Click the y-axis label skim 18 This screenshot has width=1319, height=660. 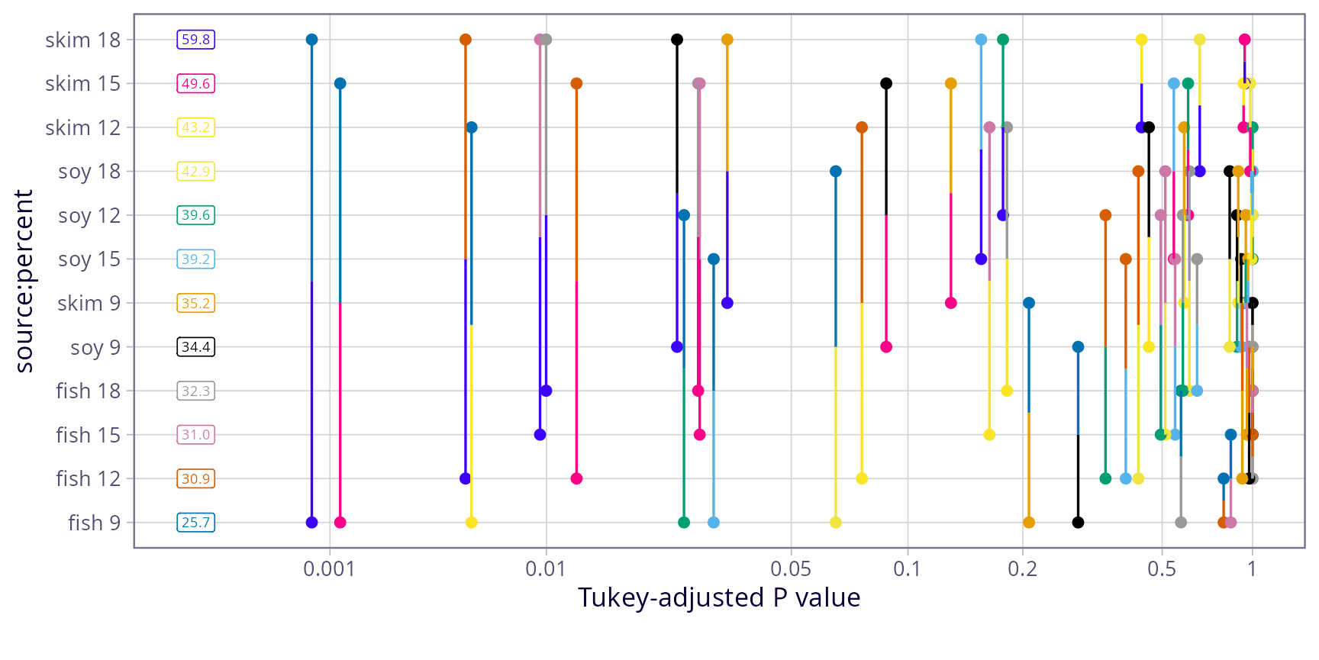pos(82,40)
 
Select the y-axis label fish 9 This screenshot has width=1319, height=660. pos(94,523)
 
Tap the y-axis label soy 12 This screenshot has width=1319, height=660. pos(89,216)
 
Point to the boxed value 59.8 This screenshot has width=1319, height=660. pos(196,40)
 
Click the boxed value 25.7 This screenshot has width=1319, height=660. pos(196,523)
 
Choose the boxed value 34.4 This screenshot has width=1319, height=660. pos(196,347)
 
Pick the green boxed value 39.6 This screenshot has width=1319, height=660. pos(196,215)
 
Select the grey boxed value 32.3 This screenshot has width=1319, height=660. pos(196,391)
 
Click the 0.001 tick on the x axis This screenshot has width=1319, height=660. pos(329,569)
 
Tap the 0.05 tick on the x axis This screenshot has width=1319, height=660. pos(791,569)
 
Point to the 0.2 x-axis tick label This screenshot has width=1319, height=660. pos(1023,569)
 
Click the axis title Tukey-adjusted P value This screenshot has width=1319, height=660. pos(719,597)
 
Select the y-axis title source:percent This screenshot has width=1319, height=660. pos(24,281)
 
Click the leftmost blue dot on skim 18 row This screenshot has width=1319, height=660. pos(311,40)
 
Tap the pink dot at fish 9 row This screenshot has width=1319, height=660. pos(340,523)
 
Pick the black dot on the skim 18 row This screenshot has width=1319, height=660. pos(677,40)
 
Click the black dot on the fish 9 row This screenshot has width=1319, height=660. pos(1078,523)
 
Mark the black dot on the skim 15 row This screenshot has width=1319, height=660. pos(886,84)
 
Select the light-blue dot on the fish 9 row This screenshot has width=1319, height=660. pos(714,523)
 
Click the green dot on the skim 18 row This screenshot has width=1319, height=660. pos(1003,40)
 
